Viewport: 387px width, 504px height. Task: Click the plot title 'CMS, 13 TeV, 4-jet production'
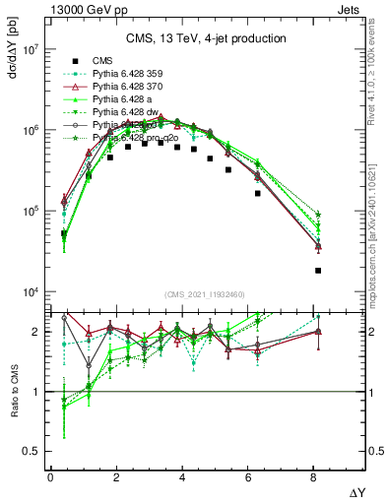[206, 39]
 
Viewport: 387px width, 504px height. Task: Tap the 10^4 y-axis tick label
[30, 292]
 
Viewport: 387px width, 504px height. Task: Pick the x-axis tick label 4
[183, 477]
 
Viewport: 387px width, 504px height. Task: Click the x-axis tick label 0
[50, 477]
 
